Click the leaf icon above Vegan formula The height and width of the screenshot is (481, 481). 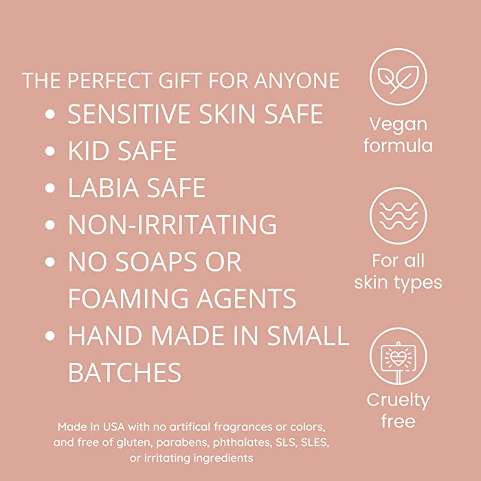(398, 77)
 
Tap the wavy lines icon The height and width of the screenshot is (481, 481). (398, 216)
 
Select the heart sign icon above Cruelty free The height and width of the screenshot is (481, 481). (398, 356)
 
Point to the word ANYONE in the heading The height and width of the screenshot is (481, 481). (297, 80)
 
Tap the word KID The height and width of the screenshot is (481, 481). (89, 150)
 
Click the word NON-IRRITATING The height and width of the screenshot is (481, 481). (172, 225)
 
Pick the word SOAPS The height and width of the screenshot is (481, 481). (156, 262)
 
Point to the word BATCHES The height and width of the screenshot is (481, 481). (124, 372)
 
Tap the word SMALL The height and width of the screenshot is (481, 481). (308, 335)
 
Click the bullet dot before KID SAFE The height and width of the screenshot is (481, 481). (49, 151)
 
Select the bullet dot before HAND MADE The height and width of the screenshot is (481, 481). (49, 335)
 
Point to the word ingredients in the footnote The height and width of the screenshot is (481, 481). (223, 458)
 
